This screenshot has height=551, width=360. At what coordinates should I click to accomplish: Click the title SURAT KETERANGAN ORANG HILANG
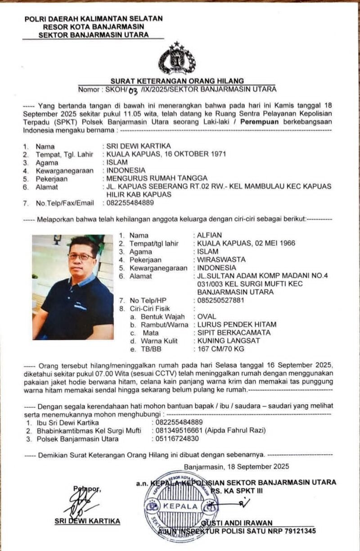(x=177, y=81)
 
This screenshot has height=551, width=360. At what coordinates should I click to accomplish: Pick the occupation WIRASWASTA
(x=221, y=260)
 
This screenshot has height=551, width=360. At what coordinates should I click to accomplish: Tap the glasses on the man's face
(x=81, y=257)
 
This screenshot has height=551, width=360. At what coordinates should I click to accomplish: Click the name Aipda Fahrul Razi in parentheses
(x=237, y=431)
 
